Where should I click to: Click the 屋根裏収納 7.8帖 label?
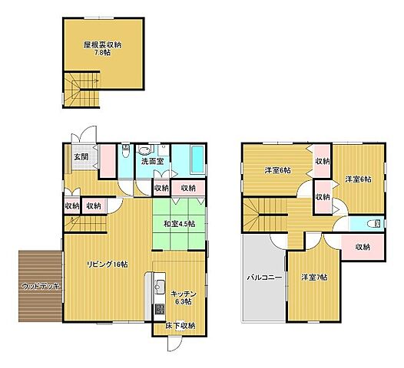[102, 48]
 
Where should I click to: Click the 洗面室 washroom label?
[152, 162]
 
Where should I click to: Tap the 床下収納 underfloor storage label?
[180, 326]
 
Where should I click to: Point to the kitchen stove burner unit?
[160, 311]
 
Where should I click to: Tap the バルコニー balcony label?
[263, 277]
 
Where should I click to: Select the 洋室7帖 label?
[313, 277]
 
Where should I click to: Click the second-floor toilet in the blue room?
[373, 225]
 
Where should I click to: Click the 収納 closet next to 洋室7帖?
[363, 247]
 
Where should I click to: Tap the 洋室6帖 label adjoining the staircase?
[278, 170]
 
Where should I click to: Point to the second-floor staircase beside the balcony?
[263, 214]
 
